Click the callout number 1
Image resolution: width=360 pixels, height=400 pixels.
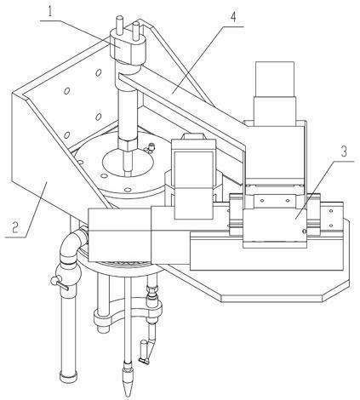coord(49,10)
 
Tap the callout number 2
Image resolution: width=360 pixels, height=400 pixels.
coord(14,226)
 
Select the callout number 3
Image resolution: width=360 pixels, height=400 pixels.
coord(344,151)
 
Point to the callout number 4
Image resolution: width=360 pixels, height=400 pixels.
coord(232,17)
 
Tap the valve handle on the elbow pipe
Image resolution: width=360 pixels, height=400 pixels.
coord(59,283)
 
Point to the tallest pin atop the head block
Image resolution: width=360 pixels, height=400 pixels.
coord(118,24)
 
